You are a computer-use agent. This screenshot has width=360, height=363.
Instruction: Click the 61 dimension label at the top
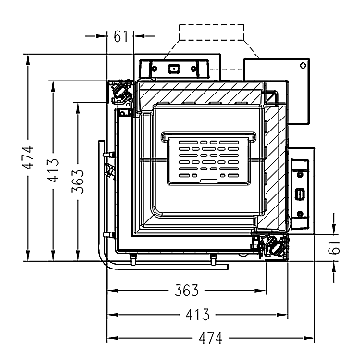120,36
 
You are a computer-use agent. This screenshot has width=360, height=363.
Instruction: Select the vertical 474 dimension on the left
28,157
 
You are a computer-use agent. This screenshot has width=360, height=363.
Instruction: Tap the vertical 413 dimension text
53,170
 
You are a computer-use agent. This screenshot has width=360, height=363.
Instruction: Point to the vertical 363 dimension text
78,181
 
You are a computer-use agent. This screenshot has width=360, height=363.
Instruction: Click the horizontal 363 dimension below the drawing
187,291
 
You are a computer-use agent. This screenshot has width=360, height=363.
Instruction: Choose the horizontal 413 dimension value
197,315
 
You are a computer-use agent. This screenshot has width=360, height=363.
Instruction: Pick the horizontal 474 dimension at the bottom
210,338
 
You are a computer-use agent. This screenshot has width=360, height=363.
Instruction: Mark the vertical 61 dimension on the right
334,246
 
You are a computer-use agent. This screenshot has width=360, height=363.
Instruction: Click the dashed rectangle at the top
211,32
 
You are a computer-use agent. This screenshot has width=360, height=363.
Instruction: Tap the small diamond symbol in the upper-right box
304,65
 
